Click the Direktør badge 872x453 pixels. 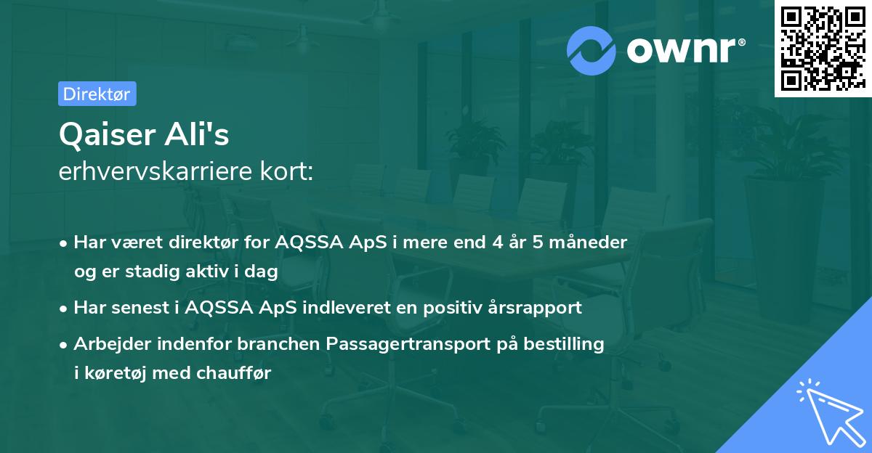97,94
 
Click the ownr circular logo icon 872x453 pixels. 592,50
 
